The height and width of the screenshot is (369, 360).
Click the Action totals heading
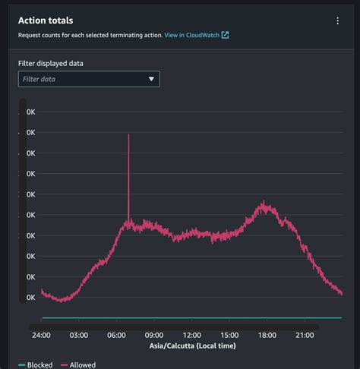click(x=51, y=20)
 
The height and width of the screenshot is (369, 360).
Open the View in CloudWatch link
click(x=191, y=35)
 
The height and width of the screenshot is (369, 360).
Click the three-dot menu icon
click(x=338, y=21)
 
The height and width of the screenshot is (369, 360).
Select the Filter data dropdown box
click(x=88, y=78)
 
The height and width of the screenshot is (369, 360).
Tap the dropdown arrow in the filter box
click(x=151, y=78)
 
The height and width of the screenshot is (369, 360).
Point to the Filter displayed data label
click(x=50, y=62)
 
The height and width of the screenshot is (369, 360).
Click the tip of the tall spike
click(x=128, y=135)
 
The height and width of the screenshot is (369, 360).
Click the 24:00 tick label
click(x=41, y=335)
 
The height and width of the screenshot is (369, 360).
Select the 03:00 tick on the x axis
click(x=78, y=335)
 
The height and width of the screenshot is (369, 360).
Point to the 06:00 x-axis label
click(x=116, y=335)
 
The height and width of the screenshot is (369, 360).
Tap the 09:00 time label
click(x=153, y=335)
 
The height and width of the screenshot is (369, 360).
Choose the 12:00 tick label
click(x=191, y=335)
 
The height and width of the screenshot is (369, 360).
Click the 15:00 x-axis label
click(x=229, y=335)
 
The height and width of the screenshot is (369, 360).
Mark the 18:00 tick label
click(x=267, y=335)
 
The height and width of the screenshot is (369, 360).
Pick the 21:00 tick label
click(x=304, y=335)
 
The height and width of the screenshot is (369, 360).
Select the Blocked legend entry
click(x=36, y=364)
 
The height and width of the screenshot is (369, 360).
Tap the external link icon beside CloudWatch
click(x=225, y=35)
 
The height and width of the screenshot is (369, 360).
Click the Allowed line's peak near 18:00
click(x=264, y=203)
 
